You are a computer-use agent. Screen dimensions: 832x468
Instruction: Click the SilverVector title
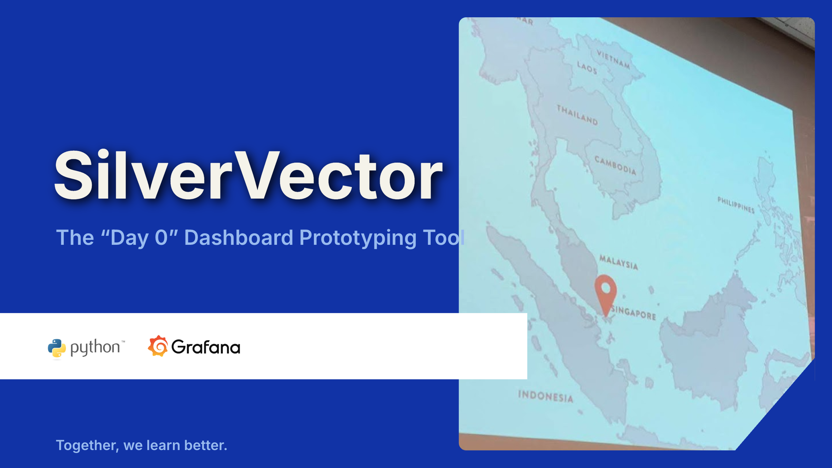click(x=248, y=175)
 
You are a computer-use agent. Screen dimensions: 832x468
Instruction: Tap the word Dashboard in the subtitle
click(x=238, y=237)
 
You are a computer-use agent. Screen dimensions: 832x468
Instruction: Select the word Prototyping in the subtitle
click(x=358, y=238)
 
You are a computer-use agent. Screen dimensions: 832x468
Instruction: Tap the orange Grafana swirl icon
click(x=158, y=346)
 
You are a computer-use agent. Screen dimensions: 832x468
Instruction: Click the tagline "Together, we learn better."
click(x=141, y=445)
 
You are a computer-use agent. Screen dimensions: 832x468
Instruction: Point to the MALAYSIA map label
click(x=619, y=262)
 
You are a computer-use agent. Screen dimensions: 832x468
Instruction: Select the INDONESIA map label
click(x=546, y=396)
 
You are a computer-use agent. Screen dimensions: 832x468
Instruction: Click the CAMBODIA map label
click(x=615, y=165)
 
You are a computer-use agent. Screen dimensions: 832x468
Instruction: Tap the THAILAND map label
click(x=577, y=115)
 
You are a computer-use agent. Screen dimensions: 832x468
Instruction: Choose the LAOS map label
click(x=587, y=68)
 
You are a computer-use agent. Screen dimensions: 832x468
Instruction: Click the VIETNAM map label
click(x=613, y=59)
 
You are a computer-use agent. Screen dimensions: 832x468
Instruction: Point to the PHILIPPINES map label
click(x=736, y=205)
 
